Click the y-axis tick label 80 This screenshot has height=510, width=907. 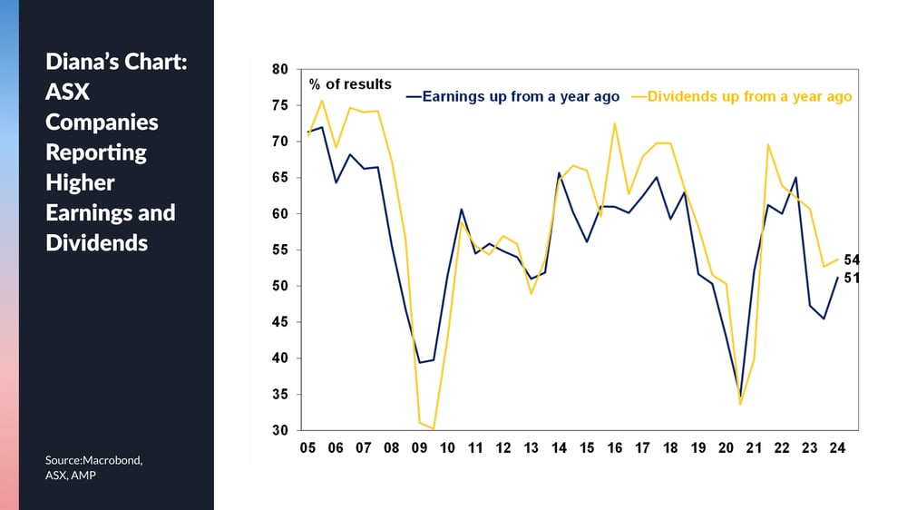pyautogui.click(x=279, y=70)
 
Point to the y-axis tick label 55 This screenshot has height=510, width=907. pyautogui.click(x=279, y=250)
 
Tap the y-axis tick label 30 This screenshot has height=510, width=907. pyautogui.click(x=279, y=431)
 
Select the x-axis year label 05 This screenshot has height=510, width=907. pyautogui.click(x=307, y=448)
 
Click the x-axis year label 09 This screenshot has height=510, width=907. pyautogui.click(x=419, y=448)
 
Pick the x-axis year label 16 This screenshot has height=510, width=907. pyautogui.click(x=614, y=448)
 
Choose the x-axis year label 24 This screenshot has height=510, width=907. pyautogui.click(x=837, y=448)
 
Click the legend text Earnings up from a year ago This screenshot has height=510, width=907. pyautogui.click(x=521, y=97)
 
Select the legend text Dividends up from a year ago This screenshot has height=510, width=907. pyautogui.click(x=749, y=97)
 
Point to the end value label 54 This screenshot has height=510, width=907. pyautogui.click(x=852, y=260)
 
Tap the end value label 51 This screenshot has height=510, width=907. pyautogui.click(x=852, y=279)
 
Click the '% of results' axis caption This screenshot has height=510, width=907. pyautogui.click(x=350, y=84)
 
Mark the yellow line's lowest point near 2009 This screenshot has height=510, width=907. pyautogui.click(x=434, y=429)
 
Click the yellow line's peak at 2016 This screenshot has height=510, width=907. pyautogui.click(x=614, y=123)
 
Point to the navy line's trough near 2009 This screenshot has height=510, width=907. pyautogui.click(x=419, y=362)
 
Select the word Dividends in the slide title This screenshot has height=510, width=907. pyautogui.click(x=97, y=243)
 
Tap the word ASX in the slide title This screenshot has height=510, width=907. pyautogui.click(x=68, y=92)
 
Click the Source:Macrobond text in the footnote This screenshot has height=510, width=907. pyautogui.click(x=93, y=460)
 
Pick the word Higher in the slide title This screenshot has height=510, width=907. pyautogui.click(x=81, y=183)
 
